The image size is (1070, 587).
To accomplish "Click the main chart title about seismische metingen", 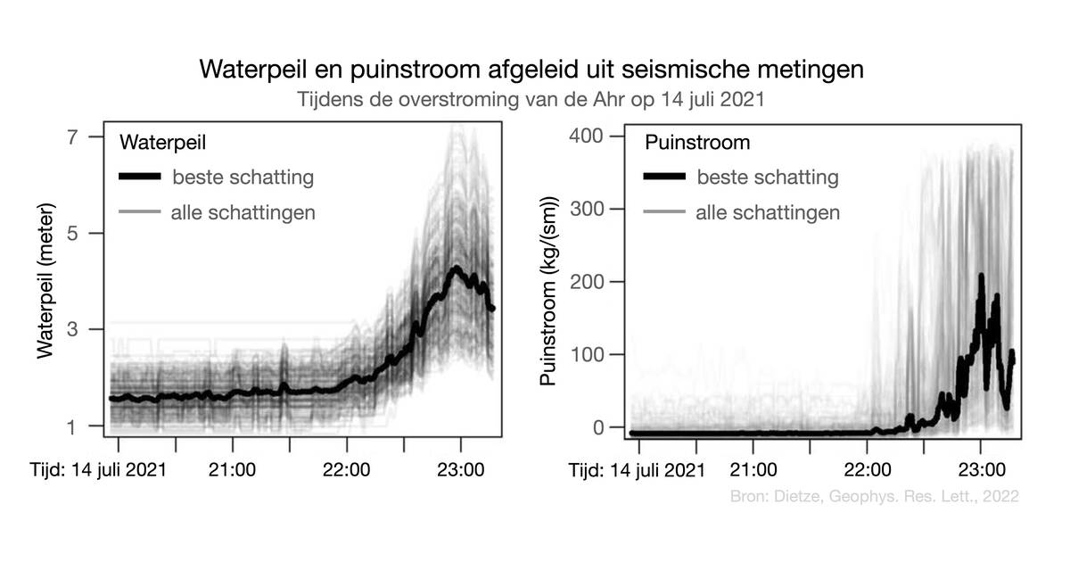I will [x=531, y=69].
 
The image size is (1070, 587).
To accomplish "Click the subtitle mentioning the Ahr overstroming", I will [x=531, y=99].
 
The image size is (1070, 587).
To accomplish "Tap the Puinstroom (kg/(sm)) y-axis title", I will [x=549, y=289].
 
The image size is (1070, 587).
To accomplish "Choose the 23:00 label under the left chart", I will [x=460, y=468].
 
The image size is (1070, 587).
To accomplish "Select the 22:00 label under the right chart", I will [x=868, y=468].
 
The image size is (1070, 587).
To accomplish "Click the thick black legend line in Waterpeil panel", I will [x=140, y=178].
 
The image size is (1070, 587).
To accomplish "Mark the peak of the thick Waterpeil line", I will [x=456, y=268].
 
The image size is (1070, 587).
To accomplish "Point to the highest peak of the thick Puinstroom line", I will [x=982, y=277].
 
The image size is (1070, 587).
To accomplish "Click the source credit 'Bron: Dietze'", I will [x=874, y=496].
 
